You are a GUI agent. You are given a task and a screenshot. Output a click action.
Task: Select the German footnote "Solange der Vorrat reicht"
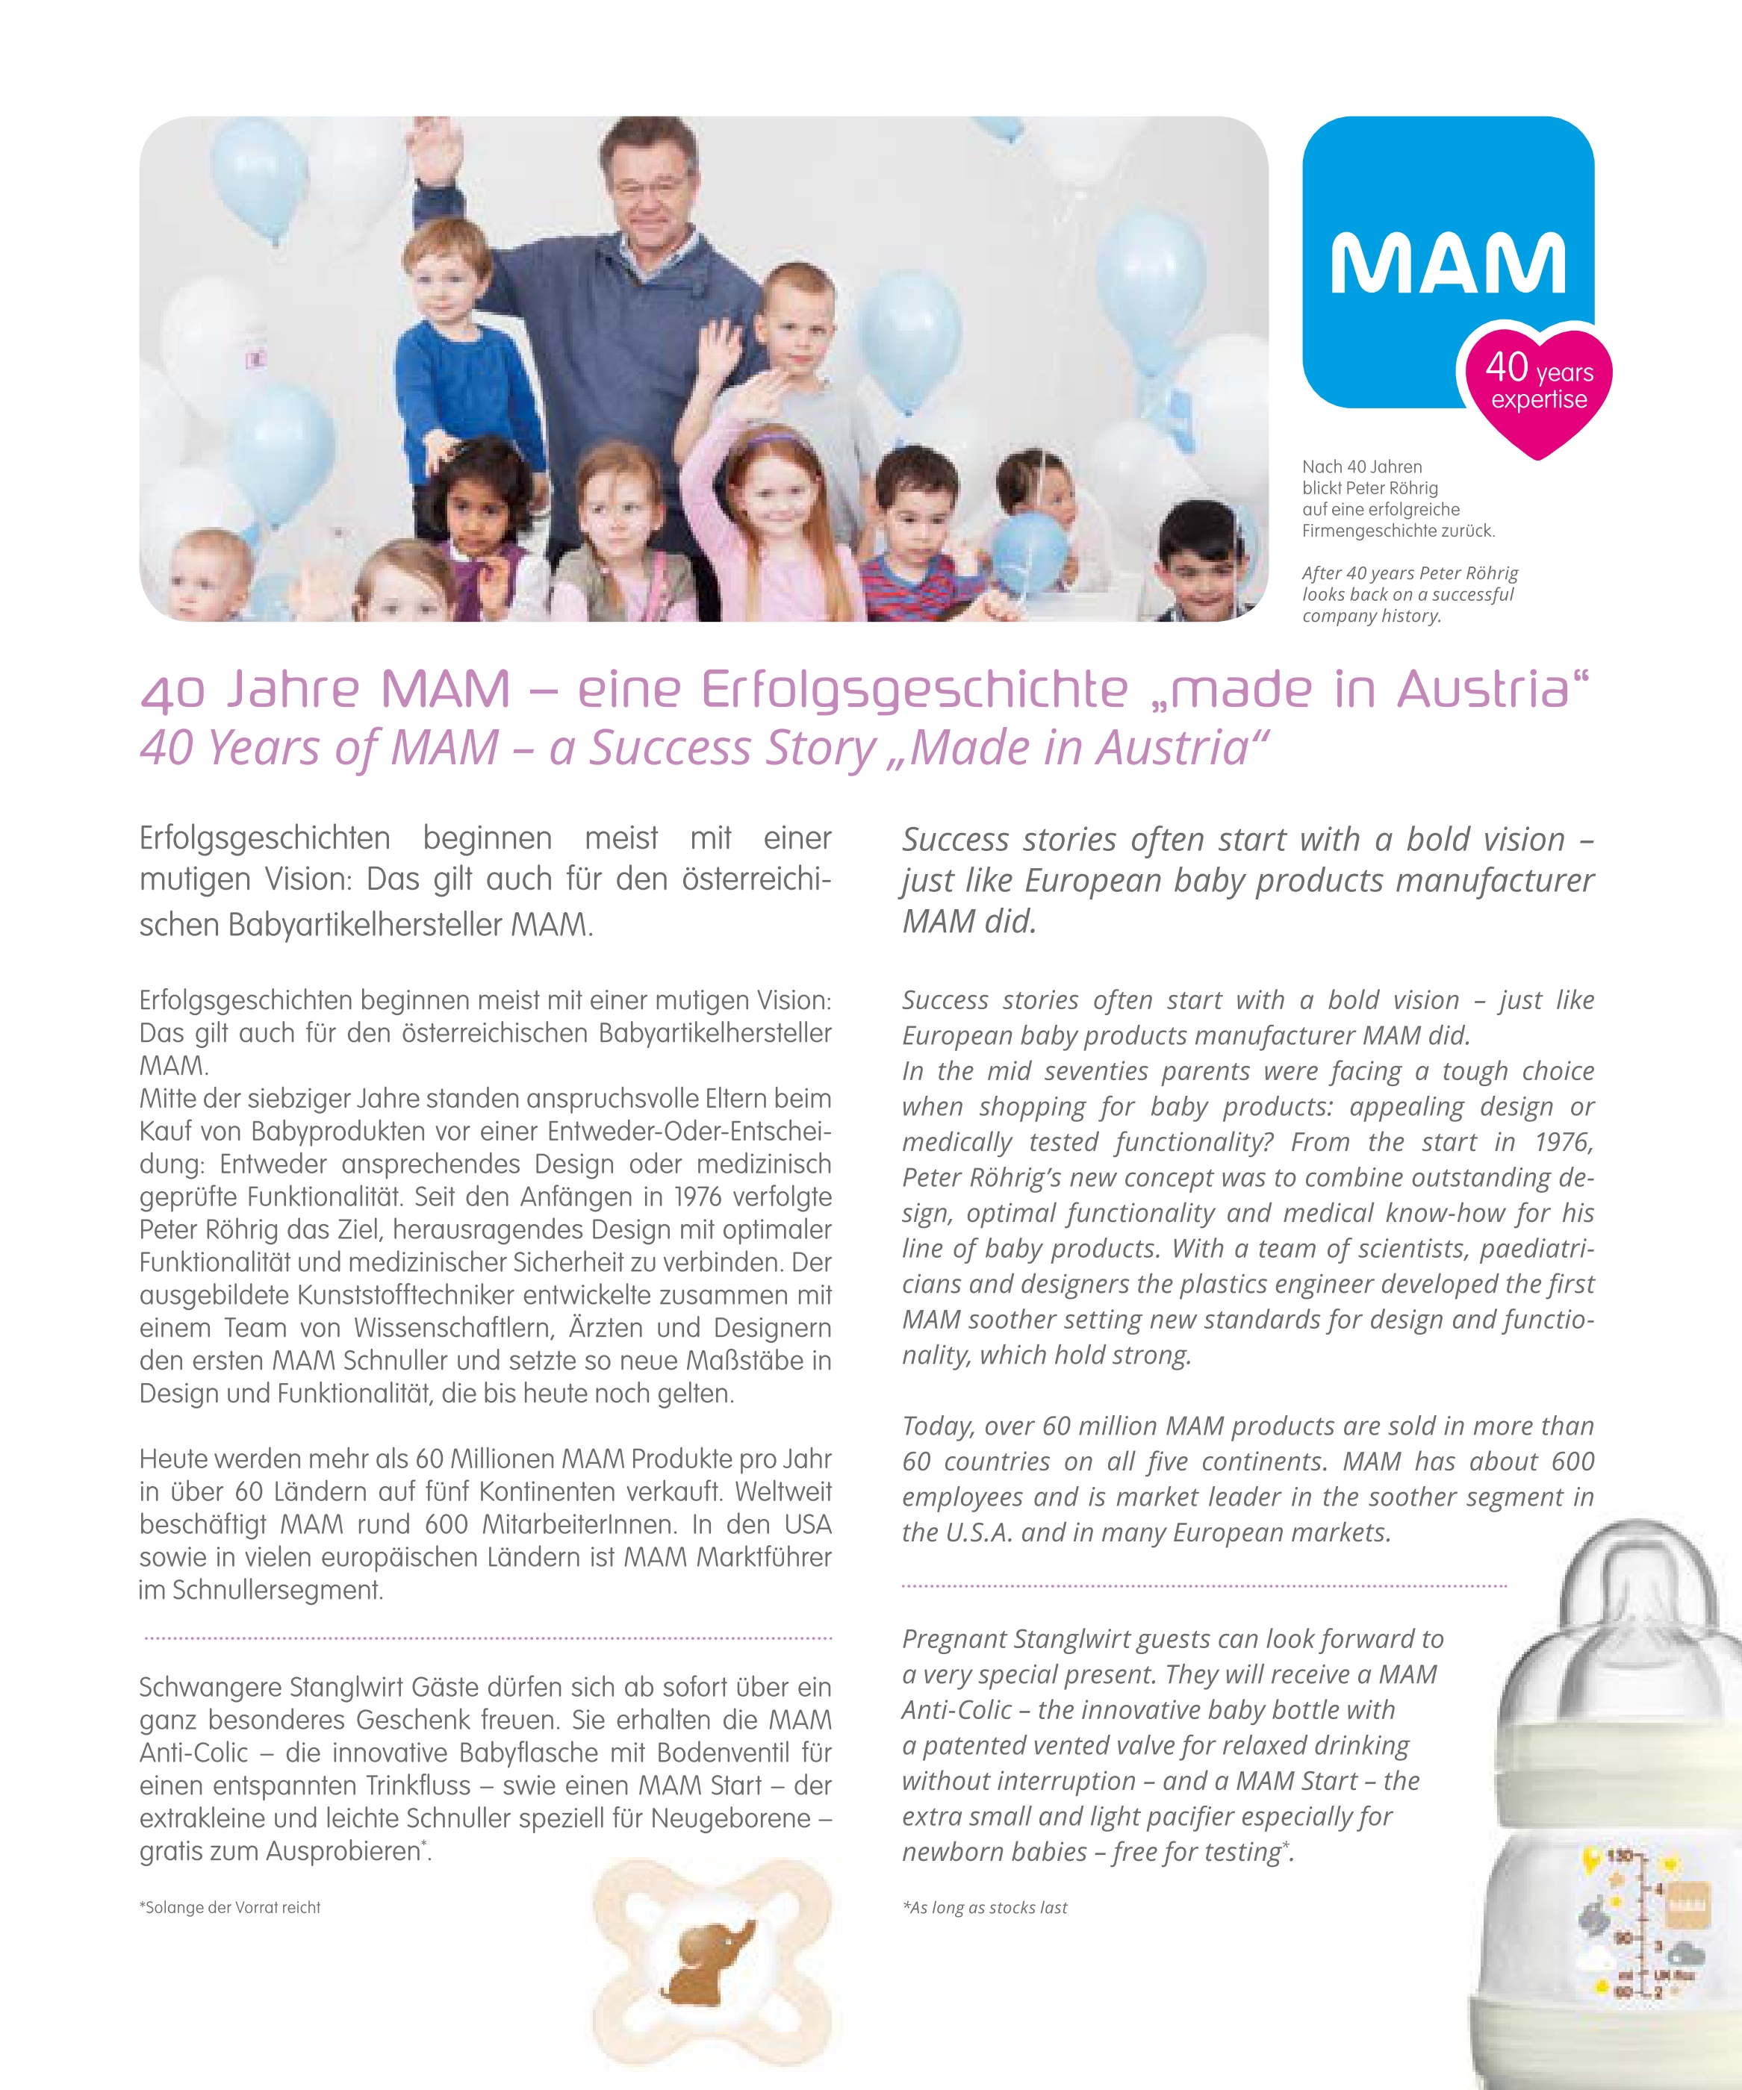pyautogui.click(x=230, y=1908)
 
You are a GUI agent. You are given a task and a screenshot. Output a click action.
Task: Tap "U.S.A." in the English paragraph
pyautogui.click(x=956, y=1532)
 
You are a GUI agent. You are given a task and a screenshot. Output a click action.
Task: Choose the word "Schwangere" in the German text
pyautogui.click(x=210, y=1688)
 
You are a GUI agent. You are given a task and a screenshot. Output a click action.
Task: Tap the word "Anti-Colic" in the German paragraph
pyautogui.click(x=193, y=1753)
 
